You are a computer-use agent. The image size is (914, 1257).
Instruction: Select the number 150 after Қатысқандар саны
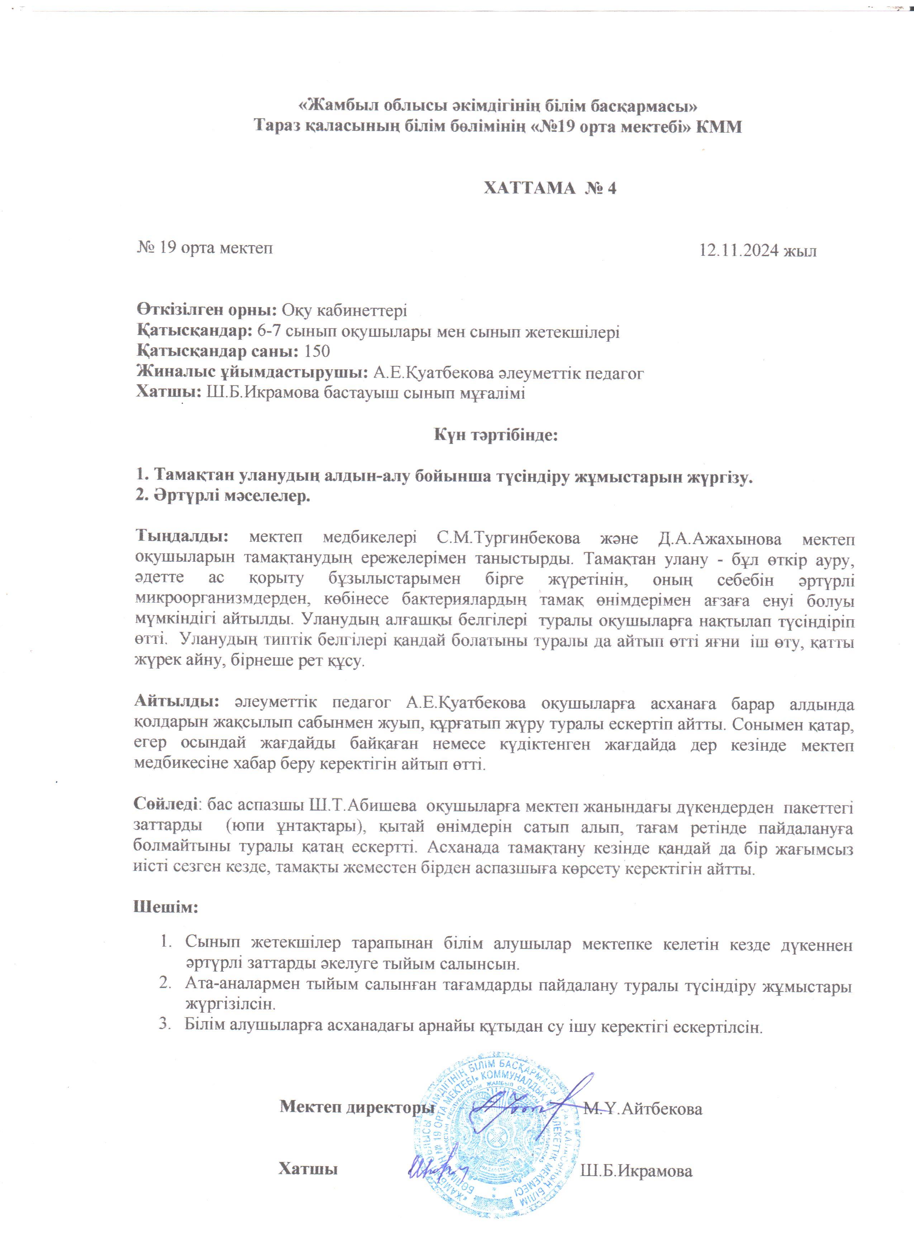click(317, 352)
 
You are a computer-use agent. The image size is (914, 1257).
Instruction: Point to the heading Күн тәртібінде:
click(495, 435)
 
